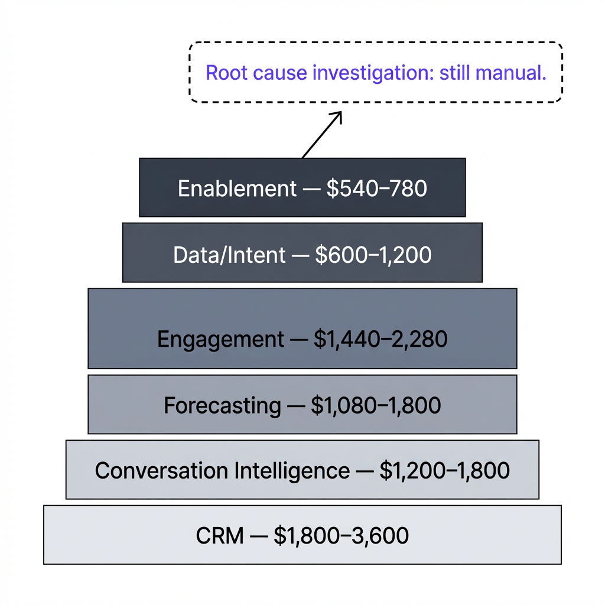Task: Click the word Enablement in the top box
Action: click(x=237, y=188)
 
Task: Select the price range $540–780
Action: click(x=376, y=188)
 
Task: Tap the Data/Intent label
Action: click(x=229, y=255)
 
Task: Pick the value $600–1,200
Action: click(x=373, y=255)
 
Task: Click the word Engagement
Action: click(x=220, y=340)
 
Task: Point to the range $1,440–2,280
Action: click(x=380, y=340)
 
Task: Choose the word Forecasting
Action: click(x=222, y=406)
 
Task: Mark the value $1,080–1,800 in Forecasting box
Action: click(x=376, y=406)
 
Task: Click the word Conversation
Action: click(x=161, y=471)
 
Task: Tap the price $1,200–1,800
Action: click(x=444, y=471)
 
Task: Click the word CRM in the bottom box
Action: click(x=219, y=536)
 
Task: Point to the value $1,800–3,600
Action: click(x=341, y=536)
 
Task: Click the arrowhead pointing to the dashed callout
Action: click(x=337, y=116)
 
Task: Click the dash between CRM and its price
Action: click(x=259, y=536)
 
